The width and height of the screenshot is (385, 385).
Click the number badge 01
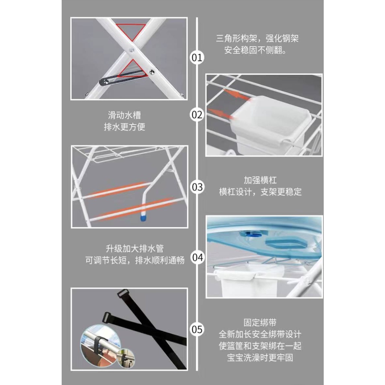pos(197,58)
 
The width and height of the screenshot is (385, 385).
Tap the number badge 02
pos(197,115)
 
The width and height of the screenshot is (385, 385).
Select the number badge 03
pos(197,187)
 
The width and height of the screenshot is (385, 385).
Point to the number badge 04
pos(197,258)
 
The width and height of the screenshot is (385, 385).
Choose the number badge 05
pos(197,329)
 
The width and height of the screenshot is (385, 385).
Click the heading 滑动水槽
pos(124,115)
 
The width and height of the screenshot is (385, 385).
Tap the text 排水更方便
pos(124,127)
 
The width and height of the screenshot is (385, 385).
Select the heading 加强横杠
pos(260,180)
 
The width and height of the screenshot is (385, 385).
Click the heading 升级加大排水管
pos(135,249)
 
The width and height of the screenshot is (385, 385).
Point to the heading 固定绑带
pos(260,322)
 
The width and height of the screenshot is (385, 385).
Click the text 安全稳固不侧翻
pos(255,50)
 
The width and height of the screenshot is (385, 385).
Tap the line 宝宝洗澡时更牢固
pos(260,358)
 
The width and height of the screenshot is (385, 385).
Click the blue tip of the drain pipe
pos(143,218)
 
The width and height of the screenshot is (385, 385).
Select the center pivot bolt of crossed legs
pos(132,50)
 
